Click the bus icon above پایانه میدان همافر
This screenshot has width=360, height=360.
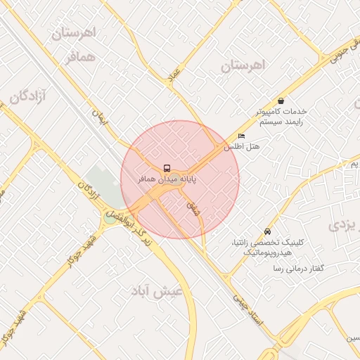(x=167, y=168)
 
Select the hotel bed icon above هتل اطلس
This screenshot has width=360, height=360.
(x=241, y=136)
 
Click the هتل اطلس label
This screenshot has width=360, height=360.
(x=241, y=147)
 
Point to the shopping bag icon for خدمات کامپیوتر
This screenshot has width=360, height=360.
(x=281, y=101)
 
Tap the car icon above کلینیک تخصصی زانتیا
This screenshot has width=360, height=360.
(x=267, y=231)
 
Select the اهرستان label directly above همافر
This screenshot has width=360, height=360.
(x=74, y=33)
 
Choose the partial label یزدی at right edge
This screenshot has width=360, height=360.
(x=342, y=226)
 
